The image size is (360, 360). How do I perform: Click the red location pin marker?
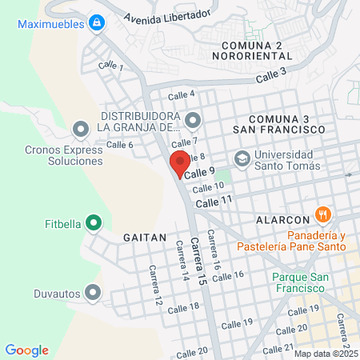point(179,163)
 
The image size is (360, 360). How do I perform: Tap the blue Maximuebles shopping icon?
point(97,23)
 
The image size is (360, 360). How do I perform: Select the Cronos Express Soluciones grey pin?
point(80,129)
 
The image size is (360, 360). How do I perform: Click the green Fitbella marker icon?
point(94,223)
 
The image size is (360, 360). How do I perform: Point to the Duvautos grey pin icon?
point(94,293)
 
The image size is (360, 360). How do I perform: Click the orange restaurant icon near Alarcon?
point(323,214)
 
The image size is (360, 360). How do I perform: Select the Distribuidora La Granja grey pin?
point(192,121)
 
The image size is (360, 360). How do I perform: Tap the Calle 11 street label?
point(214,203)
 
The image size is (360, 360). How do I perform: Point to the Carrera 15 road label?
point(198,261)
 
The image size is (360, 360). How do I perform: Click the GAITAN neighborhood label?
point(145,238)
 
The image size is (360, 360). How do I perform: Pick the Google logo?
point(27,350)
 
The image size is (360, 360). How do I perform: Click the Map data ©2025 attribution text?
point(326,353)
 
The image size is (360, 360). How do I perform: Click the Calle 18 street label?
point(183,307)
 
